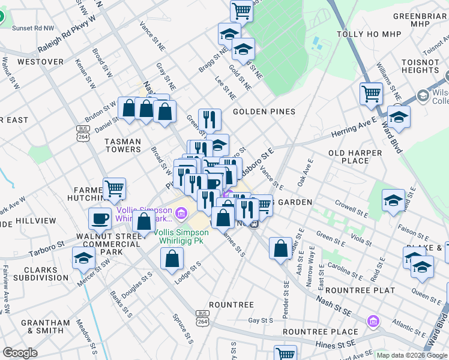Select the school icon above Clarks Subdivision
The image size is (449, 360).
tap(83, 258)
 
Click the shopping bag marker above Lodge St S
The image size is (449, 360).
tap(172, 259)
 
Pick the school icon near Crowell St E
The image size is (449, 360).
tap(393, 200)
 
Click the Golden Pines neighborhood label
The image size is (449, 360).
tap(264, 112)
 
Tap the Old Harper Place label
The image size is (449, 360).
tap(355, 157)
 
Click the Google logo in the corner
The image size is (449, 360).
tap(20, 353)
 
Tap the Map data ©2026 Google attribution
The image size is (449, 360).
tap(411, 355)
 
